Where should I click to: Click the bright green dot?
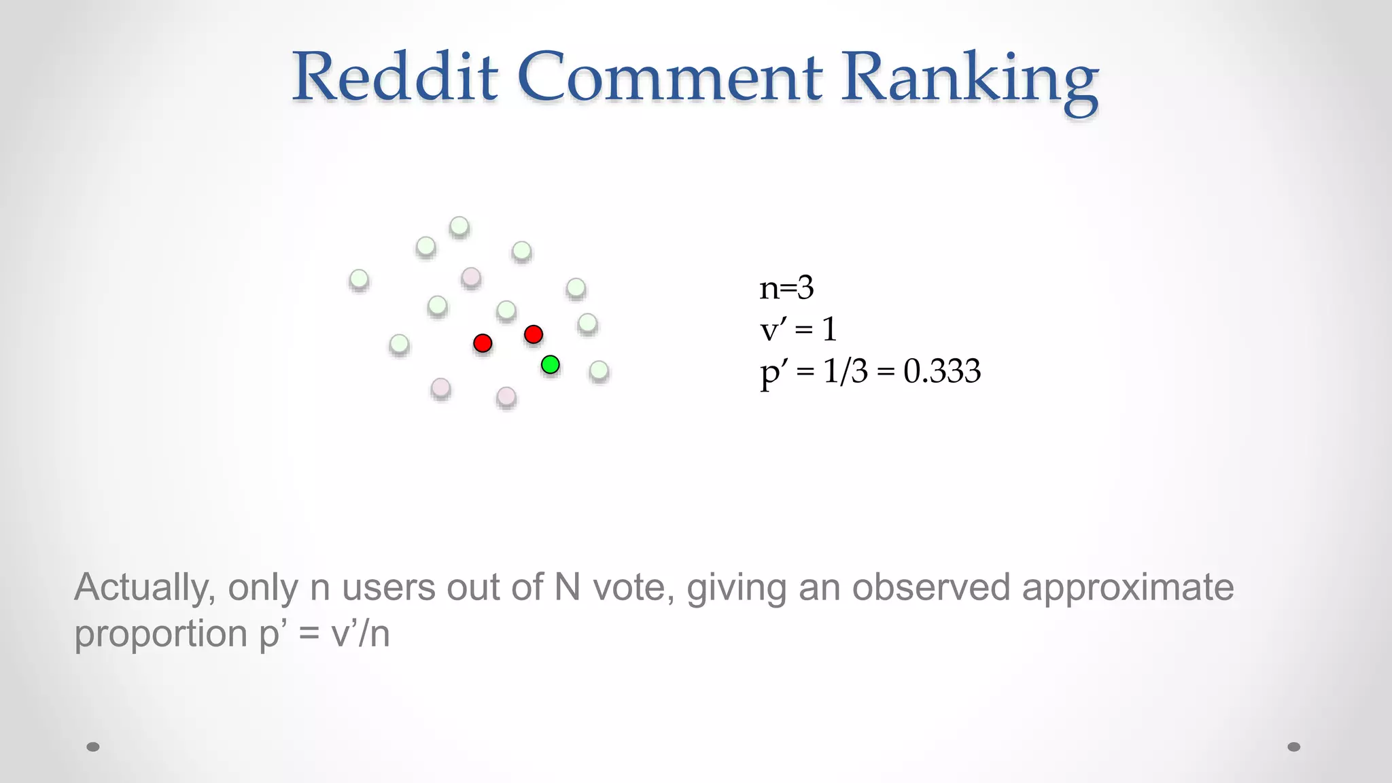tap(550, 365)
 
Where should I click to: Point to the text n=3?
tap(786, 288)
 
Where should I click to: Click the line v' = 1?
tap(798, 330)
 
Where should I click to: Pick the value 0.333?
tap(942, 371)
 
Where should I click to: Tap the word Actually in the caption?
tap(145, 588)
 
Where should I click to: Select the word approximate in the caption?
tap(1128, 588)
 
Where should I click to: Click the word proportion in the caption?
tap(160, 634)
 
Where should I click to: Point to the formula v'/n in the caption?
tap(360, 634)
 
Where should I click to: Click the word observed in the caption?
tap(931, 587)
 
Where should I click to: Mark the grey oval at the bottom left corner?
tap(93, 747)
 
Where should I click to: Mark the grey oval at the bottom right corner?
tap(1294, 747)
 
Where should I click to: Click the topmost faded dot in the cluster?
tap(459, 226)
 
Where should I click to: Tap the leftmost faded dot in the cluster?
tap(359, 279)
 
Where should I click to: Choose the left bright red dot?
tap(483, 343)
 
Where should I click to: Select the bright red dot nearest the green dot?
tap(534, 334)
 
